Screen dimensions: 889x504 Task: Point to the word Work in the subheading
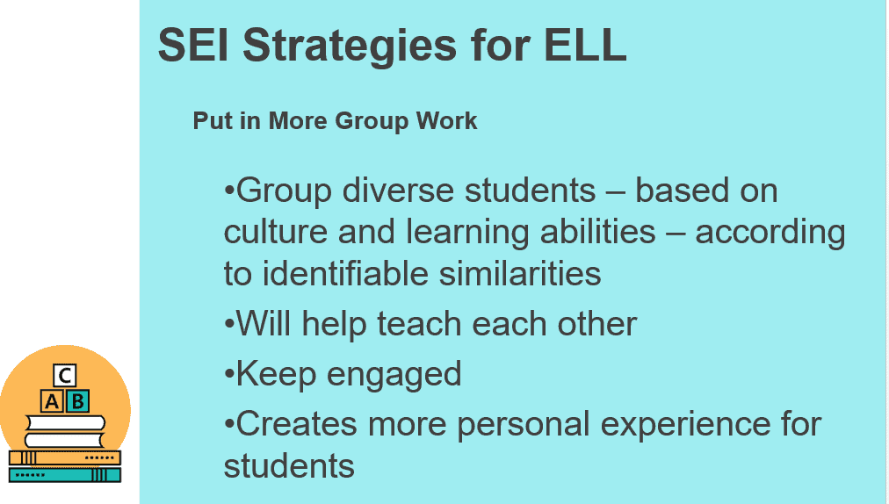447,121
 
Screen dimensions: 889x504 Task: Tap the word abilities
597,232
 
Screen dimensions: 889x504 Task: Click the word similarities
520,274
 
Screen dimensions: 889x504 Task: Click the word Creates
297,424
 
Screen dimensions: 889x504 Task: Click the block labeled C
65,375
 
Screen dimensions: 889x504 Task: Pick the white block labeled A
52,401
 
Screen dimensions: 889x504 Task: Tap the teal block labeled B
77,401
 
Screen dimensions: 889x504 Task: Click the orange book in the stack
65,457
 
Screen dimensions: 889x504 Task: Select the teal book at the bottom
65,474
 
